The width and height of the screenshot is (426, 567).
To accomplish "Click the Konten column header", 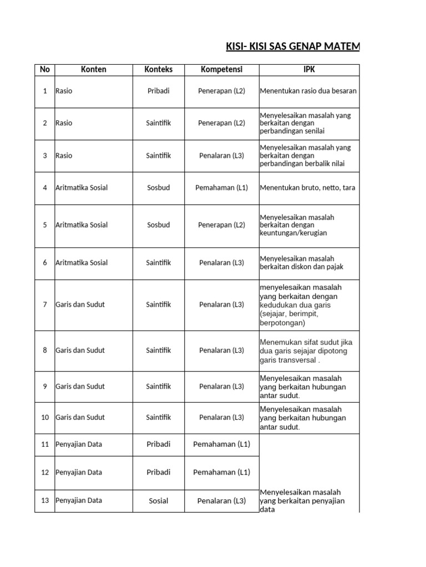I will click(93, 70).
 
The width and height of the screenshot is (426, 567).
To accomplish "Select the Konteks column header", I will click(158, 70).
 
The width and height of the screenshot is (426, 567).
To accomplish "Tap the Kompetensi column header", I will click(221, 70).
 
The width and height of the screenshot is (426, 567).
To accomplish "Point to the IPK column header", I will click(308, 70).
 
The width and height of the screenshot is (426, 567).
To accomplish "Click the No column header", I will click(45, 70).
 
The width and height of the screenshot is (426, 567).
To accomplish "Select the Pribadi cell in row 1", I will click(158, 91).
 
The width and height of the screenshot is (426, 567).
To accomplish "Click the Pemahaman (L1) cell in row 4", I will click(221, 188).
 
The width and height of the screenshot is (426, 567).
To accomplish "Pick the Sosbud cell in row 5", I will click(158, 225).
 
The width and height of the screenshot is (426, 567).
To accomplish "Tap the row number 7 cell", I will click(45, 305).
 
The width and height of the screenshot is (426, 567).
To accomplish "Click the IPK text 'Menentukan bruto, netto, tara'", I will click(307, 188).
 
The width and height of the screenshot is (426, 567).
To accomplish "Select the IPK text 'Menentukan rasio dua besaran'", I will click(308, 91).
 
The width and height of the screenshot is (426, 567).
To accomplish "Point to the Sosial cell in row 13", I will click(158, 501).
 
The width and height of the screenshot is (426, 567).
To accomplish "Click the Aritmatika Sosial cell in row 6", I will click(82, 263).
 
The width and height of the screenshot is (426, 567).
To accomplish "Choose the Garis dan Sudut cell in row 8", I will click(80, 350).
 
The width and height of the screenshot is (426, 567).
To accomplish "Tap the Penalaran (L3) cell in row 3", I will click(221, 156).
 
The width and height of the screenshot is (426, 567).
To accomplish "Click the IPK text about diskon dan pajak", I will click(302, 262).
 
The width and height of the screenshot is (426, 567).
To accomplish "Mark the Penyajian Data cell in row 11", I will click(79, 444).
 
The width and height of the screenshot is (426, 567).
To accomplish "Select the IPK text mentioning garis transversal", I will click(306, 351).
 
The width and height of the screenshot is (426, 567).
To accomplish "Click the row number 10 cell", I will click(45, 417).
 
